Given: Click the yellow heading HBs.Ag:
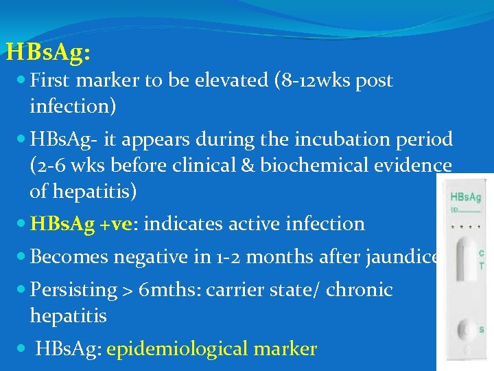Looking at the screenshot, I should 48,52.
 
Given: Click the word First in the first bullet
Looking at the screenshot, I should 51,80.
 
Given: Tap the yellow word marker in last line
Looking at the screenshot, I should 285,349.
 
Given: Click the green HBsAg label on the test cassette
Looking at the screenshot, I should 464,196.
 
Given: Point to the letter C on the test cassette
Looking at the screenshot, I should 482,254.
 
